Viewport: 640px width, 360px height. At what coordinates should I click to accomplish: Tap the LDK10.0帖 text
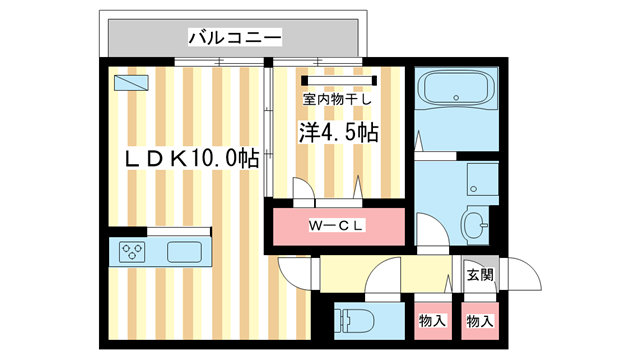click(191, 158)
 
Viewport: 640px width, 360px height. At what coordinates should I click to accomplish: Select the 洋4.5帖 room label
click(338, 132)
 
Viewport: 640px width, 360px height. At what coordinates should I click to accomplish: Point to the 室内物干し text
click(338, 99)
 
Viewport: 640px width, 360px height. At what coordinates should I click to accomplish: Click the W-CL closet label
click(337, 225)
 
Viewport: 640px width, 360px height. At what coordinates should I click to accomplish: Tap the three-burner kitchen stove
click(132, 251)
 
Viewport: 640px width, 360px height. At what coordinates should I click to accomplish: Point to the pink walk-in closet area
click(337, 225)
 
